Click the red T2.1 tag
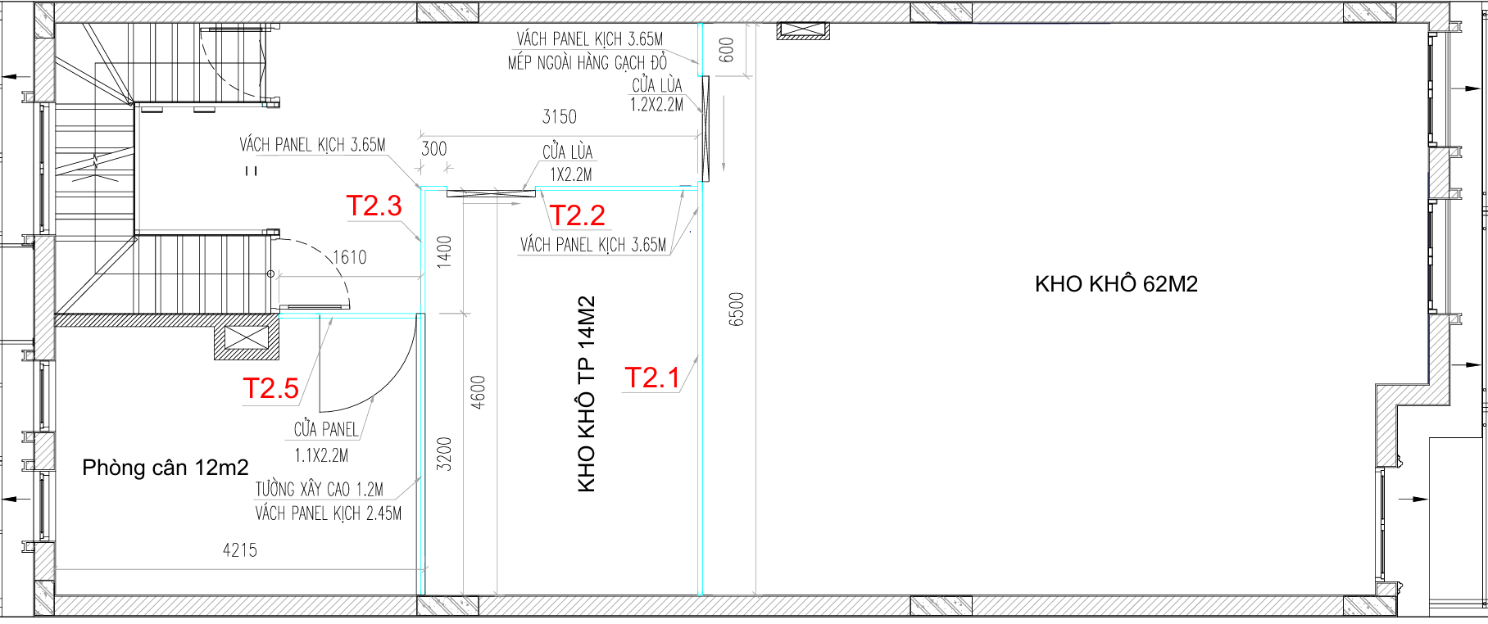(x=652, y=378)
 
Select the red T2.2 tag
(x=578, y=215)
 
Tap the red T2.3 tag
(x=374, y=206)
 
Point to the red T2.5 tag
(x=271, y=388)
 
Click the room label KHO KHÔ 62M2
(x=1116, y=284)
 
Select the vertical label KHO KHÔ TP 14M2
(x=587, y=394)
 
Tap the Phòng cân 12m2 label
(x=166, y=468)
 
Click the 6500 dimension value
(x=737, y=309)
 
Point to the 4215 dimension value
(x=240, y=550)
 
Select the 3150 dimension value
(x=560, y=117)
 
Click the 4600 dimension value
(x=479, y=392)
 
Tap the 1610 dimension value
(x=350, y=257)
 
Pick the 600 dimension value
(x=727, y=50)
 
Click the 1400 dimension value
(x=444, y=252)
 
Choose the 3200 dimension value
(x=444, y=454)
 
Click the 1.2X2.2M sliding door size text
(x=656, y=105)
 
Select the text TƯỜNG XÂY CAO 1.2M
(x=320, y=490)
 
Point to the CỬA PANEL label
(x=326, y=429)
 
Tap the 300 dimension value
(x=434, y=149)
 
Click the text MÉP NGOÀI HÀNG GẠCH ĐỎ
(x=587, y=62)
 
